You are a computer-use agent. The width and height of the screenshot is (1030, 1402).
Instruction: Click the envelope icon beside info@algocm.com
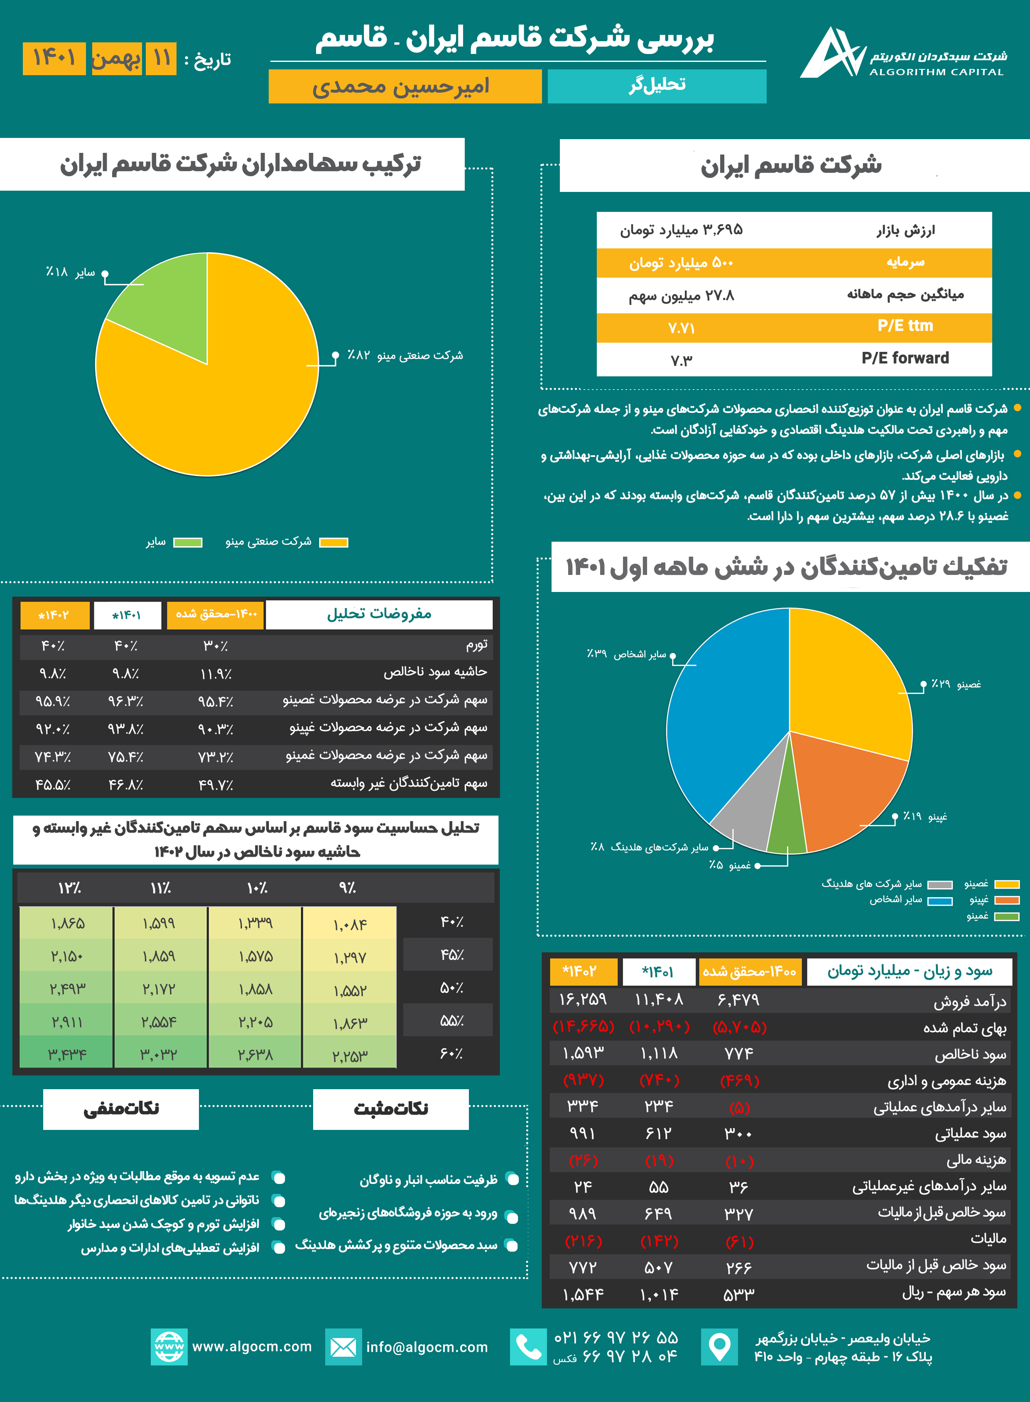coord(343,1347)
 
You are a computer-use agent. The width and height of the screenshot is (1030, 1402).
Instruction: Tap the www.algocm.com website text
coord(252,1346)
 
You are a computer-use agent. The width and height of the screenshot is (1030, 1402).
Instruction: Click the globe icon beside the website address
coord(169,1347)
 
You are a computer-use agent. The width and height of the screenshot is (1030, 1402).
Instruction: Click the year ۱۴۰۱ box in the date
coord(54,59)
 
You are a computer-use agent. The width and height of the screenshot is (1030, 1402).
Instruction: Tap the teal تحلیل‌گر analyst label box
coord(657,86)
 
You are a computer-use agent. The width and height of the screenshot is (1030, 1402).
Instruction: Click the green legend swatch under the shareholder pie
coord(188,543)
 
